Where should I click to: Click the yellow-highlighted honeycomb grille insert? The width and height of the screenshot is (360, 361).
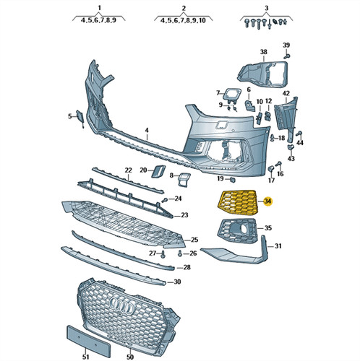[x=237, y=202]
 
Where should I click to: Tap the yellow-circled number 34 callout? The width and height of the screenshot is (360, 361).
[x=267, y=201]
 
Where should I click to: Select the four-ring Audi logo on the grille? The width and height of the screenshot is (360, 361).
[x=123, y=305]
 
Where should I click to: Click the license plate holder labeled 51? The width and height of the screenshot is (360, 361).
[x=88, y=339]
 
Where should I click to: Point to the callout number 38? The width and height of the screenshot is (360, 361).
[x=264, y=52]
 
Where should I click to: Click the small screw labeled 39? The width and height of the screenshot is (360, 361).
[x=286, y=56]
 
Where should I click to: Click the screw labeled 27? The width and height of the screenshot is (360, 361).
[x=163, y=254]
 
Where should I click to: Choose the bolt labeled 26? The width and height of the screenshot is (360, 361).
[x=180, y=253]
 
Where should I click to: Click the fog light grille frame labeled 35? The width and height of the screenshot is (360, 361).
[x=237, y=230]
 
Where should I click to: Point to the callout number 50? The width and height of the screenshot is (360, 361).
[x=130, y=357]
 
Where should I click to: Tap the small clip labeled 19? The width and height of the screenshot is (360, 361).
[x=232, y=179]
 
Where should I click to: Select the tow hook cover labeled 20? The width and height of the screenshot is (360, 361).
[x=158, y=171]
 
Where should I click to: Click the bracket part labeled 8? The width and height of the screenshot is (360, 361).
[x=184, y=179]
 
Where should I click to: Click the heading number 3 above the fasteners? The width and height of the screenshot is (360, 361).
[x=266, y=8]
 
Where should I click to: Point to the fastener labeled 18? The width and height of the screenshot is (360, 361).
[x=273, y=138]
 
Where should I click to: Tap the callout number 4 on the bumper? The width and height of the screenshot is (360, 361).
[x=147, y=131]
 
